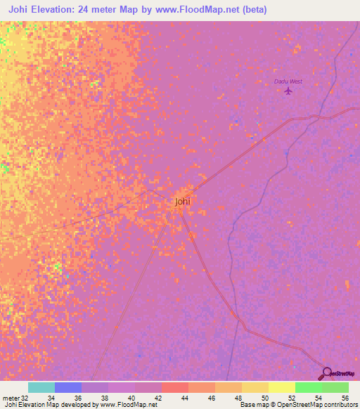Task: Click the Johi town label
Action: pyautogui.click(x=182, y=202)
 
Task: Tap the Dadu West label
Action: pyautogui.click(x=288, y=82)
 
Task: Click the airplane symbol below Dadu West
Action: pyautogui.click(x=288, y=91)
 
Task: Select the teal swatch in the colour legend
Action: pyautogui.click(x=41, y=387)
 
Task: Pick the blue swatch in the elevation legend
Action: pyautogui.click(x=68, y=387)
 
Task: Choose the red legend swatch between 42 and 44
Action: pyautogui.click(x=174, y=387)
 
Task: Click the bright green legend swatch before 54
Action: pyautogui.click(x=308, y=387)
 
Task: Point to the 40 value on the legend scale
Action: pyautogui.click(x=135, y=398)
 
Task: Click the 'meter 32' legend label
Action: pyautogui.click(x=13, y=398)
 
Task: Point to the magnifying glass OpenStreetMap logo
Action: pyautogui.click(x=326, y=373)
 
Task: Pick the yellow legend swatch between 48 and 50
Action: pyautogui.click(x=255, y=387)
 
